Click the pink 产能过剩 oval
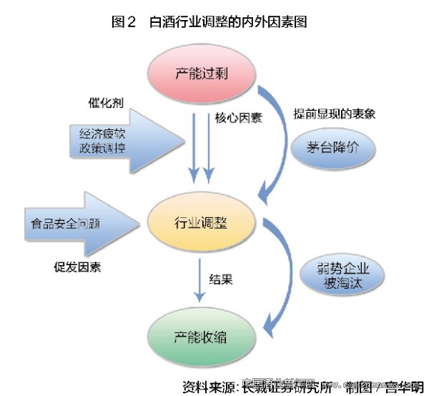202,74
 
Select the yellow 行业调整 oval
202,222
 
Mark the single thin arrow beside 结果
200,278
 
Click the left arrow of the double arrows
193,147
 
